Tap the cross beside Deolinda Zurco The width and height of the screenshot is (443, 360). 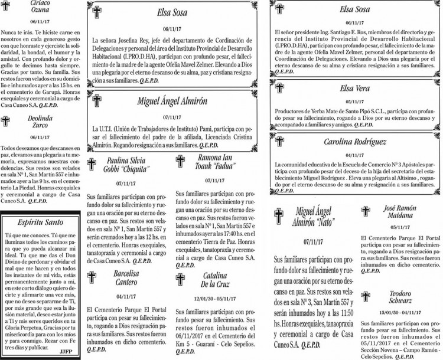click(7, 122)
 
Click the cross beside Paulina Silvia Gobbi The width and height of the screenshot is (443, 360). click(92, 163)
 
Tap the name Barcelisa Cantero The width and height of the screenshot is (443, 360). click(126, 278)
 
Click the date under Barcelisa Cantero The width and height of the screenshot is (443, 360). click(126, 296)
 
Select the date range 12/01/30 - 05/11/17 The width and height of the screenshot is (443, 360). click(214, 298)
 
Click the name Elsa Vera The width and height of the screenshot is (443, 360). click(355, 89)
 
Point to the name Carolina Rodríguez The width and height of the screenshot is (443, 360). click(355, 142)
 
